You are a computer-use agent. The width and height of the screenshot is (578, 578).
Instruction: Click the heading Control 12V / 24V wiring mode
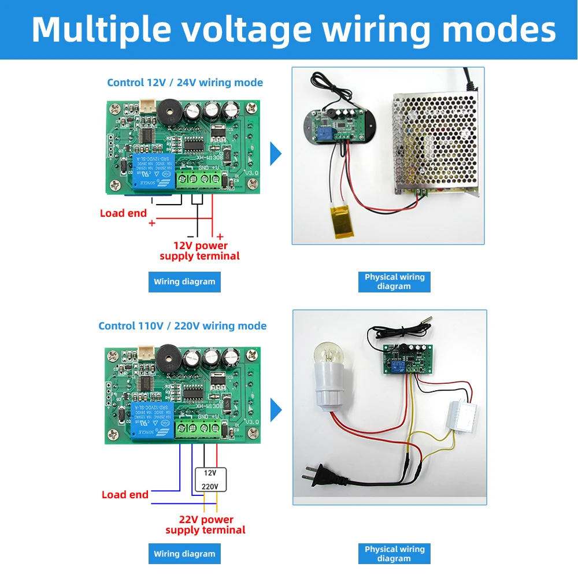(185, 82)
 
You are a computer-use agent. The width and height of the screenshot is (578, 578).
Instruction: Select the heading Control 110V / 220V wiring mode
(183, 326)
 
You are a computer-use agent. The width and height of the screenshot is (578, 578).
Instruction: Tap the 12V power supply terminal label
(200, 251)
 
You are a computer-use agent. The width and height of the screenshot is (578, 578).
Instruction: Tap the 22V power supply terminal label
(206, 525)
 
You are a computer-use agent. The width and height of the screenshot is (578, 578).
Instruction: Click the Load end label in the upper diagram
(124, 213)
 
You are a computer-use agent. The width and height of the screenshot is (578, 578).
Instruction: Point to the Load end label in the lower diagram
(125, 495)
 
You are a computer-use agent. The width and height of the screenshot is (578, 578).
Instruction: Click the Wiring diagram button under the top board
(184, 282)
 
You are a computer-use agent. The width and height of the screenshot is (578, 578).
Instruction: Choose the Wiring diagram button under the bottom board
(184, 554)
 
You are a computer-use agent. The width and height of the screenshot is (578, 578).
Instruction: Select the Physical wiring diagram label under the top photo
(394, 281)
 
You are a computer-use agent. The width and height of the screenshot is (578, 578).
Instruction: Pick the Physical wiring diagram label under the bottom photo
(394, 554)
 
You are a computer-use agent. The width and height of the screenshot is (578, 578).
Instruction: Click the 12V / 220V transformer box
(210, 479)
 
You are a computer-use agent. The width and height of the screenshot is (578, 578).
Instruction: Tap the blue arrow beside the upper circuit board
(276, 154)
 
